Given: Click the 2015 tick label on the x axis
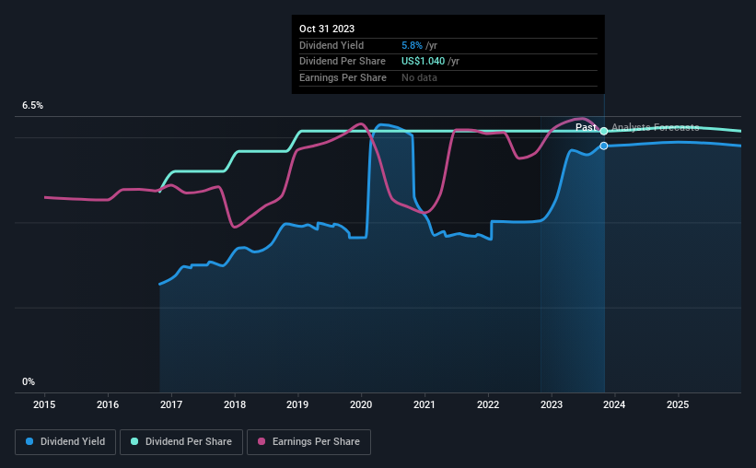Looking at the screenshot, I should (45, 404).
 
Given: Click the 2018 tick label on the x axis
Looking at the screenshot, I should (235, 404).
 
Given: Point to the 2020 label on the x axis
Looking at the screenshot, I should (361, 404).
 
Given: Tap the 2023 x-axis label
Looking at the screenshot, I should (551, 404).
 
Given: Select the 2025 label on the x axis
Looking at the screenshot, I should (678, 404).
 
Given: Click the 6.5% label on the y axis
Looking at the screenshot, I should (33, 106).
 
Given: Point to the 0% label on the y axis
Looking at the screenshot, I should (29, 381).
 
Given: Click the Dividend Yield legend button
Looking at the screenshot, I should (65, 442).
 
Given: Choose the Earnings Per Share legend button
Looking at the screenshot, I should (308, 442).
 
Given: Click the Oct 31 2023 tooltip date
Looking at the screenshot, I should (327, 29).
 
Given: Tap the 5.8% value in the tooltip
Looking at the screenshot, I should (412, 45).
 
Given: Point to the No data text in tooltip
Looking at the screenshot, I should (419, 77).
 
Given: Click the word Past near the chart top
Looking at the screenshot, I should (587, 128).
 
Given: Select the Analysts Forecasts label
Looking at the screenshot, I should (655, 128).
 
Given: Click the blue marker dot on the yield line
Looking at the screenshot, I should (604, 146).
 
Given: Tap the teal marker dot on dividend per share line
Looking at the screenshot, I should (604, 131).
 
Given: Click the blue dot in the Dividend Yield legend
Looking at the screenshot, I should (30, 442).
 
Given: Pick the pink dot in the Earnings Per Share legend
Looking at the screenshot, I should (262, 442).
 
